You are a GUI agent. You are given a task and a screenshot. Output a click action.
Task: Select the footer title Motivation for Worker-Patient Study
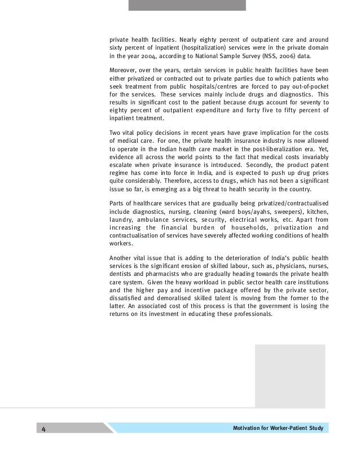pos(278,428)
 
